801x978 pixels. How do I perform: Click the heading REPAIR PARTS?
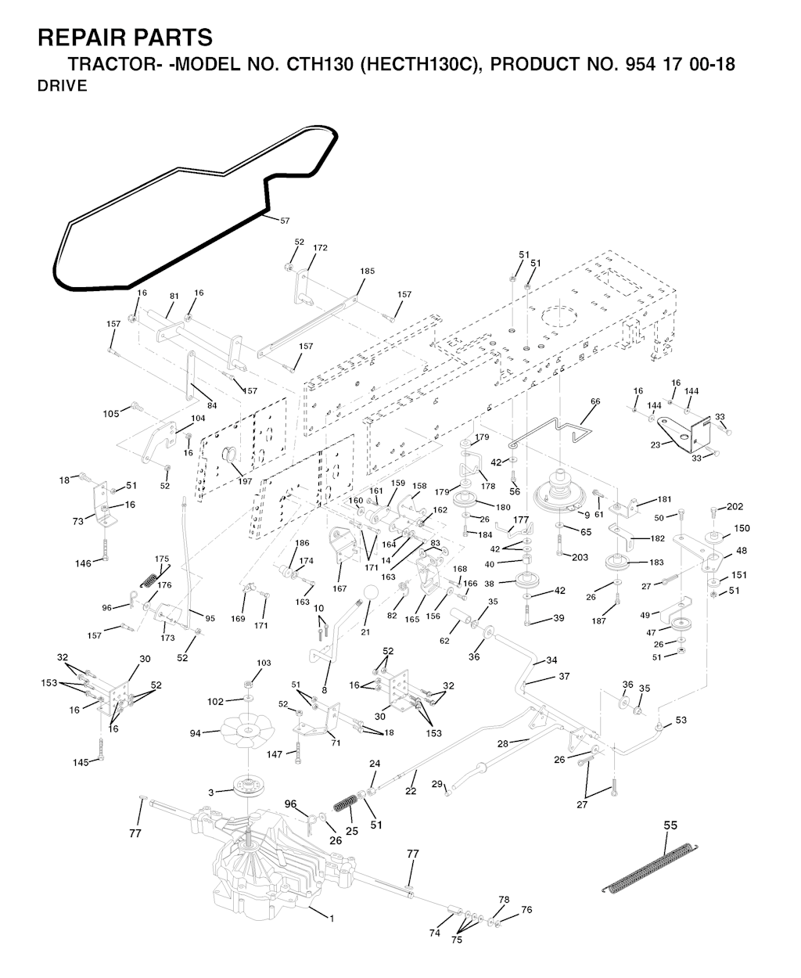tap(125, 37)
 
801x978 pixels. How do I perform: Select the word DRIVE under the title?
tap(63, 86)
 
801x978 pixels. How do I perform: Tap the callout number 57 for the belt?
tap(285, 221)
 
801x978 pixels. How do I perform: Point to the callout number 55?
tap(670, 825)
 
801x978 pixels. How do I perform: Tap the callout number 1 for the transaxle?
tap(331, 918)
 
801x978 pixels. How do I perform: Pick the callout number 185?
tap(367, 271)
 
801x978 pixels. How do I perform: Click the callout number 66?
tap(595, 401)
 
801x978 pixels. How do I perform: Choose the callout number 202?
tap(735, 506)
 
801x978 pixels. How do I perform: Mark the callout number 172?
tap(320, 248)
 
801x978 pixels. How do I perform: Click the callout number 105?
tap(111, 412)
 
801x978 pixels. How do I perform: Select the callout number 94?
tap(196, 733)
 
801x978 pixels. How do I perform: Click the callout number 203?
tap(579, 557)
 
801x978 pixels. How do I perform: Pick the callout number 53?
tap(681, 720)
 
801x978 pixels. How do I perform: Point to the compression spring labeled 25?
tap(344, 804)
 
